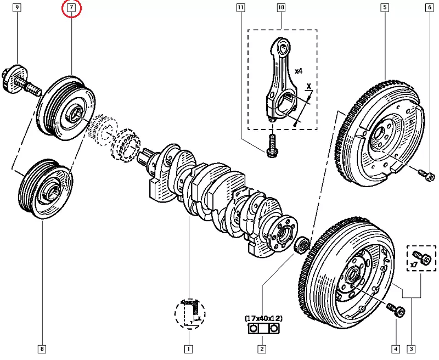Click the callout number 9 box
pos(17,8)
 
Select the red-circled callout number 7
pos(71,8)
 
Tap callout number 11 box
pos(240,8)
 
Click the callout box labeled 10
pos(281,8)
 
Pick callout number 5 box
pos(385,8)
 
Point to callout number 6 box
pos(429,8)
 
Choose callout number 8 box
pos(42,348)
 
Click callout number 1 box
pos(188,348)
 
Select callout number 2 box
pos(262,348)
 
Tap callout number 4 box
pos(396,348)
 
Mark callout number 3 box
pos(411,348)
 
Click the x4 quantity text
pos(299,71)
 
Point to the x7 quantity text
pos(415,266)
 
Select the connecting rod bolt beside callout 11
pos(272,146)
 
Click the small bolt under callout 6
pos(426,175)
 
